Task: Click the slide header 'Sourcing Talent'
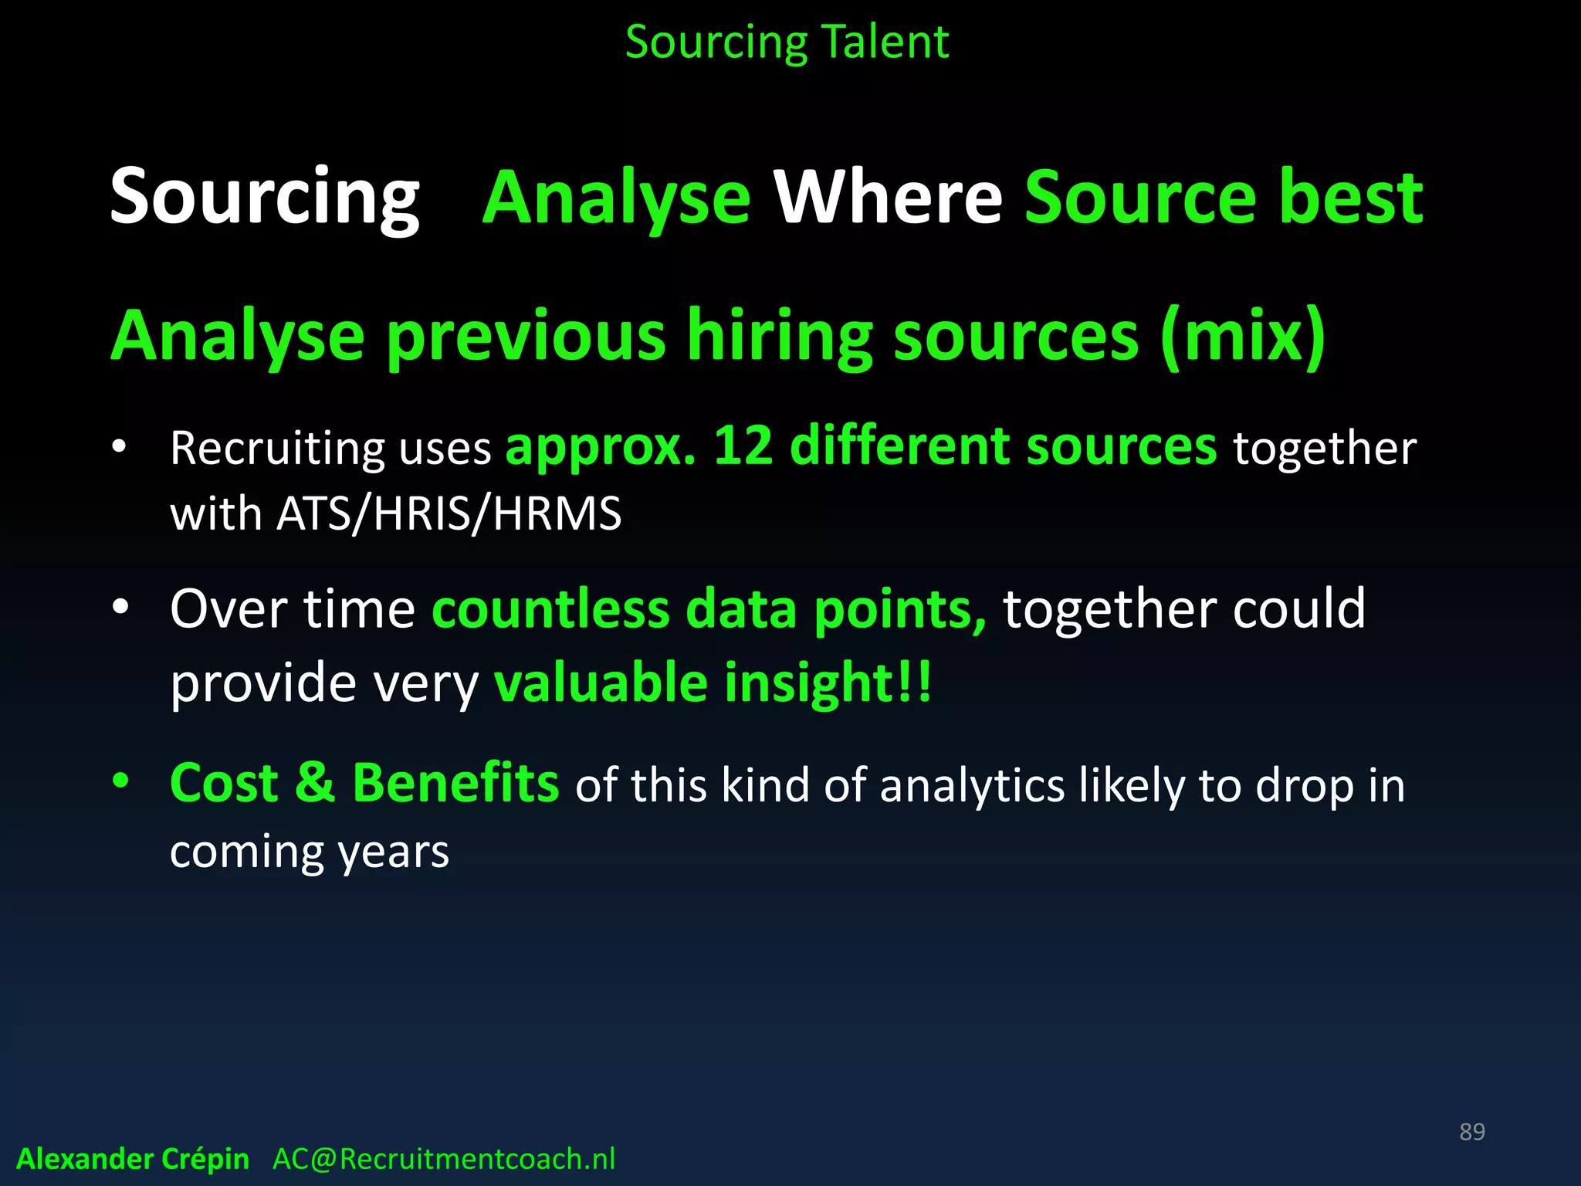pyautogui.click(x=787, y=42)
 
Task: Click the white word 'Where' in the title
pyautogui.click(x=888, y=198)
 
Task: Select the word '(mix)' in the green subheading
pyautogui.click(x=1243, y=336)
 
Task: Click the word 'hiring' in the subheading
pyautogui.click(x=780, y=336)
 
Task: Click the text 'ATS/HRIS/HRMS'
pyautogui.click(x=449, y=513)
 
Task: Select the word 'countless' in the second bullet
pyautogui.click(x=550, y=609)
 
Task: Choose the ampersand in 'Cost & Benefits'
pyautogui.click(x=315, y=783)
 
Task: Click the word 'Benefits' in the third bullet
pyautogui.click(x=455, y=783)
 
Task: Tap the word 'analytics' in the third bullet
pyautogui.click(x=972, y=786)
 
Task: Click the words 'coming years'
pyautogui.click(x=309, y=852)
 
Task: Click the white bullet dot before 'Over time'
pyautogui.click(x=120, y=607)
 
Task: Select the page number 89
pyautogui.click(x=1471, y=1132)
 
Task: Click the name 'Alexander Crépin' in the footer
pyautogui.click(x=133, y=1159)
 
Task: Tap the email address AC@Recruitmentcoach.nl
pyautogui.click(x=444, y=1159)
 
